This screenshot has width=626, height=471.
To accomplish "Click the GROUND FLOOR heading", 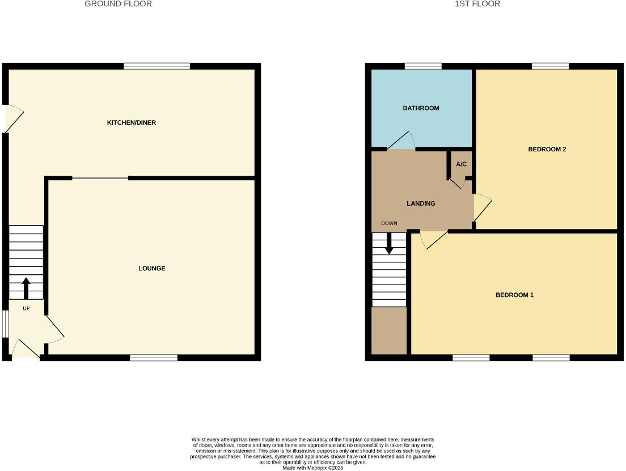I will point(118,4).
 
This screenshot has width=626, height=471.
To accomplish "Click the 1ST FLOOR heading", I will point(469,4).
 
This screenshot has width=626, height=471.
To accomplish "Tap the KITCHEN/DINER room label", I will point(132,122).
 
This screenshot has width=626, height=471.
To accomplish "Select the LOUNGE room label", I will point(152,268).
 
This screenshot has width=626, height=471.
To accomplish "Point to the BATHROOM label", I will point(421,108).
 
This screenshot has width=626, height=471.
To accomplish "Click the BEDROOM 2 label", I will point(547,150).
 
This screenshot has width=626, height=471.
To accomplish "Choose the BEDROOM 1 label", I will point(514,295).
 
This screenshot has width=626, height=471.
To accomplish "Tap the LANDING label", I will point(421,203).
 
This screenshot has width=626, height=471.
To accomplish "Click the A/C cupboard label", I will point(461,164).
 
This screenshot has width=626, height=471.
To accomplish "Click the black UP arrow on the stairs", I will point(26,287).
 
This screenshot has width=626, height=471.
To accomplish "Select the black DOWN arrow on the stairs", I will point(389,244).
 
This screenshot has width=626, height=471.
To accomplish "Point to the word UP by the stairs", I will point(26,308).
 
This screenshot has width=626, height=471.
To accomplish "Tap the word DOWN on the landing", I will point(389,223).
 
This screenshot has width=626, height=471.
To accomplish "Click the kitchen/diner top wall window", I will point(157,66).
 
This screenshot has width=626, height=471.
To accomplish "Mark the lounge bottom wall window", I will point(154,358).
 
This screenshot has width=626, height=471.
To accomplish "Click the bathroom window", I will point(423,66).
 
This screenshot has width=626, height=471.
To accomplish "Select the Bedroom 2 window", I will point(550,66).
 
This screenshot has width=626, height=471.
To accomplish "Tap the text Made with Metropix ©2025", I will point(313,468).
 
